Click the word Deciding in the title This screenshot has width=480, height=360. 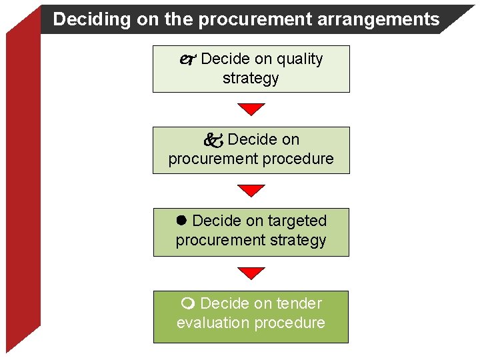click(82, 19)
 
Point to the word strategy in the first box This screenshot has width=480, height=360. click(251, 79)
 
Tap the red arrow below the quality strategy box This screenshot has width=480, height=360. click(251, 109)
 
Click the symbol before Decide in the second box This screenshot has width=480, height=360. click(213, 140)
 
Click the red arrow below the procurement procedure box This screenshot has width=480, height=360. click(251, 191)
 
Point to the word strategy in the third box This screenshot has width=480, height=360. click(299, 240)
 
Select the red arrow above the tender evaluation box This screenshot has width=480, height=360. click(251, 273)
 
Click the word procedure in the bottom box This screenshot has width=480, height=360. click(290, 323)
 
